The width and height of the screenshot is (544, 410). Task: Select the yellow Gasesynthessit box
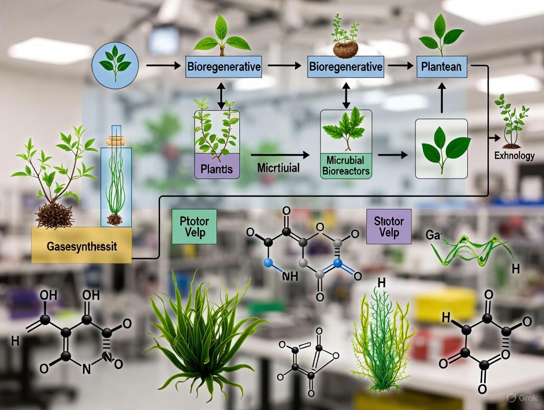click(81, 245)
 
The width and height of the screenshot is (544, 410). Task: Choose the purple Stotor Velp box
click(389, 227)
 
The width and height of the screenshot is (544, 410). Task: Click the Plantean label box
click(442, 67)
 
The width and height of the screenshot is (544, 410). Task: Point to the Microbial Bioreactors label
click(345, 167)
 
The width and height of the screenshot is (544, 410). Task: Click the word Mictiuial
click(278, 168)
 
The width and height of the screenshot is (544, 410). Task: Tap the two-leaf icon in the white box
click(442, 146)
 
